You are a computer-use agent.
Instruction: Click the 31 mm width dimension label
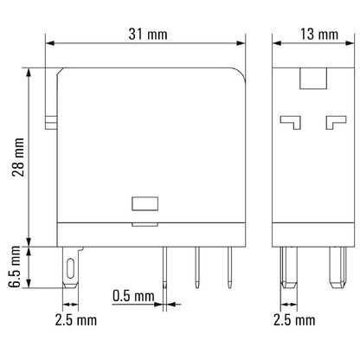146,35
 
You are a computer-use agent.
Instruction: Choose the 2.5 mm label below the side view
294,319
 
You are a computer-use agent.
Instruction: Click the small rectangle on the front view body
143,205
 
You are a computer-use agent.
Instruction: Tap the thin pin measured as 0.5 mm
164,268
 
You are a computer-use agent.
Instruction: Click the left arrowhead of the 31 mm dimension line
48,43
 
